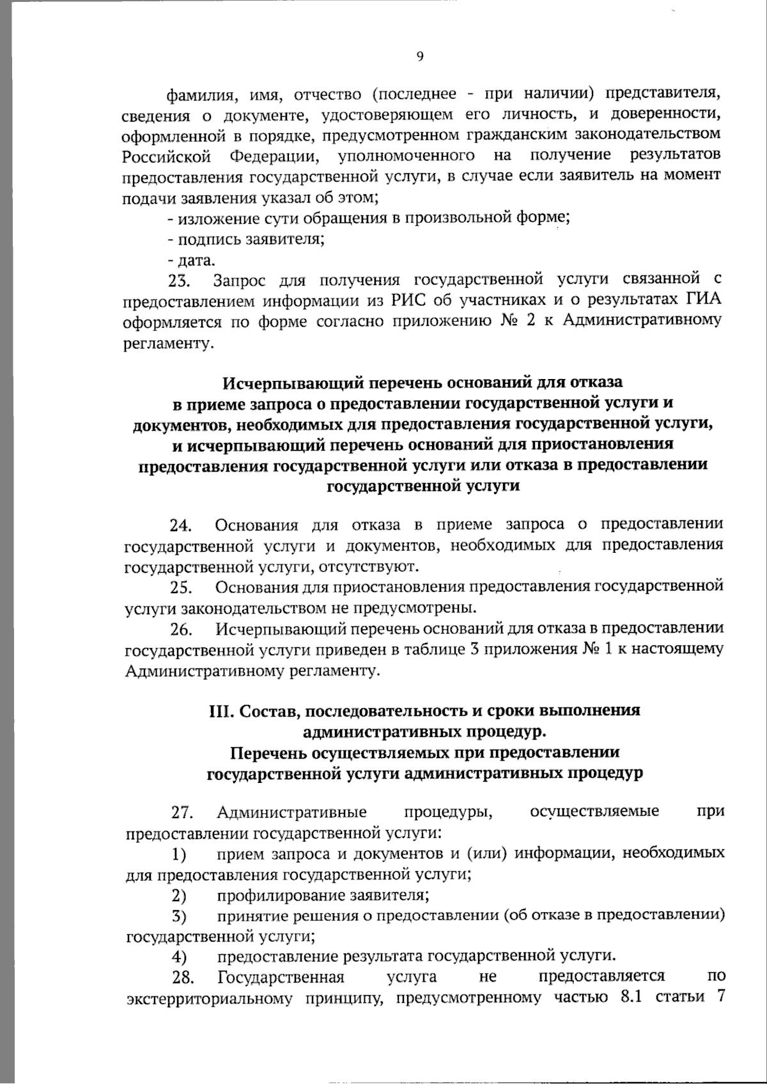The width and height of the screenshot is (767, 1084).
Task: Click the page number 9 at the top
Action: click(419, 57)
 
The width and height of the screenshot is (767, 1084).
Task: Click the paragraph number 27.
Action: click(182, 813)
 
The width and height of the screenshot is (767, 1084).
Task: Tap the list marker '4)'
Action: click(178, 957)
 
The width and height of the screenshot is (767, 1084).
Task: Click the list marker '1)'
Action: click(178, 855)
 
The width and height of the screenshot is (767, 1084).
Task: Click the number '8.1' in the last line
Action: click(630, 998)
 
